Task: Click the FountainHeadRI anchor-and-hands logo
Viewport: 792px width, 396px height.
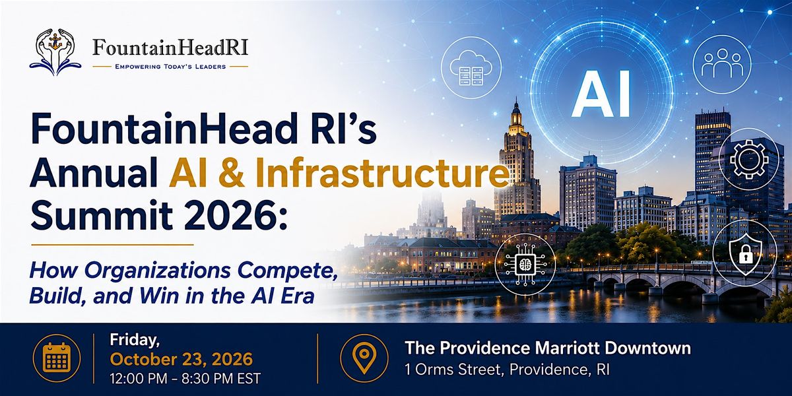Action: coord(55,52)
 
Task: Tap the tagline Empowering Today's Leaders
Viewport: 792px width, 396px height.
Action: coord(170,67)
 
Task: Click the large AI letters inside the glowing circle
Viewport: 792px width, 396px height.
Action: coord(601,94)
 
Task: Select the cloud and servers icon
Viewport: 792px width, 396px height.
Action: coord(471,68)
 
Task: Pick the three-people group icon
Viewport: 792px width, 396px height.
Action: coord(722,65)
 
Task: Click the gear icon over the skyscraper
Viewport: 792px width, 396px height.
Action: coord(749,159)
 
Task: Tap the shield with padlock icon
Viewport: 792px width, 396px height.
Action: coord(745,254)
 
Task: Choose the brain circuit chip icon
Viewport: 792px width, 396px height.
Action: coord(525,264)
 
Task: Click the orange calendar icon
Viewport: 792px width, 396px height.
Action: coord(57,358)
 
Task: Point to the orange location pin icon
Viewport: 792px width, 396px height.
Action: coord(364,358)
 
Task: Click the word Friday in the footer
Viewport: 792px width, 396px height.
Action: coord(135,340)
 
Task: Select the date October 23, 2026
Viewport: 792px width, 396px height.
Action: coord(181,360)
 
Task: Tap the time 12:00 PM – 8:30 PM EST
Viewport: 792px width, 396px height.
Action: coord(185,378)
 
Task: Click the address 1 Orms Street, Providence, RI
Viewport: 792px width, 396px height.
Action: coord(508,370)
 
